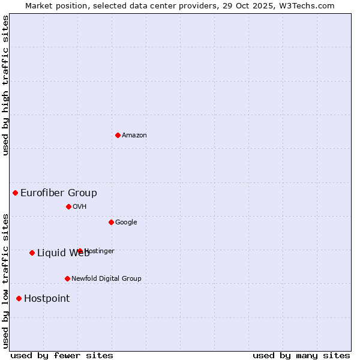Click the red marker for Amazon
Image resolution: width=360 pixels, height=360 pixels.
(118, 135)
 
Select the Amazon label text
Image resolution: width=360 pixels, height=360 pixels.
(134, 136)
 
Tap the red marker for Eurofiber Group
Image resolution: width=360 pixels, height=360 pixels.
(16, 193)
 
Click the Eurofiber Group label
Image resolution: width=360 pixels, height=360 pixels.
(59, 193)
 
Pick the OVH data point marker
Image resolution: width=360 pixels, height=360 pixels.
(68, 206)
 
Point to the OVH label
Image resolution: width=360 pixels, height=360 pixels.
(80, 207)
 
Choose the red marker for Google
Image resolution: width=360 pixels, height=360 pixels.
(111, 222)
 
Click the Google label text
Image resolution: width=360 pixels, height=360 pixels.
(126, 223)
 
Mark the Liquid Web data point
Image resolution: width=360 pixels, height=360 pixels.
(32, 253)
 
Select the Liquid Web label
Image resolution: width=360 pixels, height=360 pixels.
(62, 253)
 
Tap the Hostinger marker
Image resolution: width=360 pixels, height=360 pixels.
(80, 251)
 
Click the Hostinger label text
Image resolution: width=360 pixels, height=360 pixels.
(100, 251)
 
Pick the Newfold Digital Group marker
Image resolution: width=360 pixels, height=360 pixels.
(67, 278)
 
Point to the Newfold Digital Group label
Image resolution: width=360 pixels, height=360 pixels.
(106, 279)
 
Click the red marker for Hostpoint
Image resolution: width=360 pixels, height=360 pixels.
(19, 298)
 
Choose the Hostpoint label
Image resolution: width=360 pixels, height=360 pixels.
(47, 299)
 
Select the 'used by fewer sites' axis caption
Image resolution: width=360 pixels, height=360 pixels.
(62, 355)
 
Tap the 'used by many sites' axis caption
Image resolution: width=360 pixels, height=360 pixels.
(301, 355)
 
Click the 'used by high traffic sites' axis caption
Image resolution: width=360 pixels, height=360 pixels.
(6, 85)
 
